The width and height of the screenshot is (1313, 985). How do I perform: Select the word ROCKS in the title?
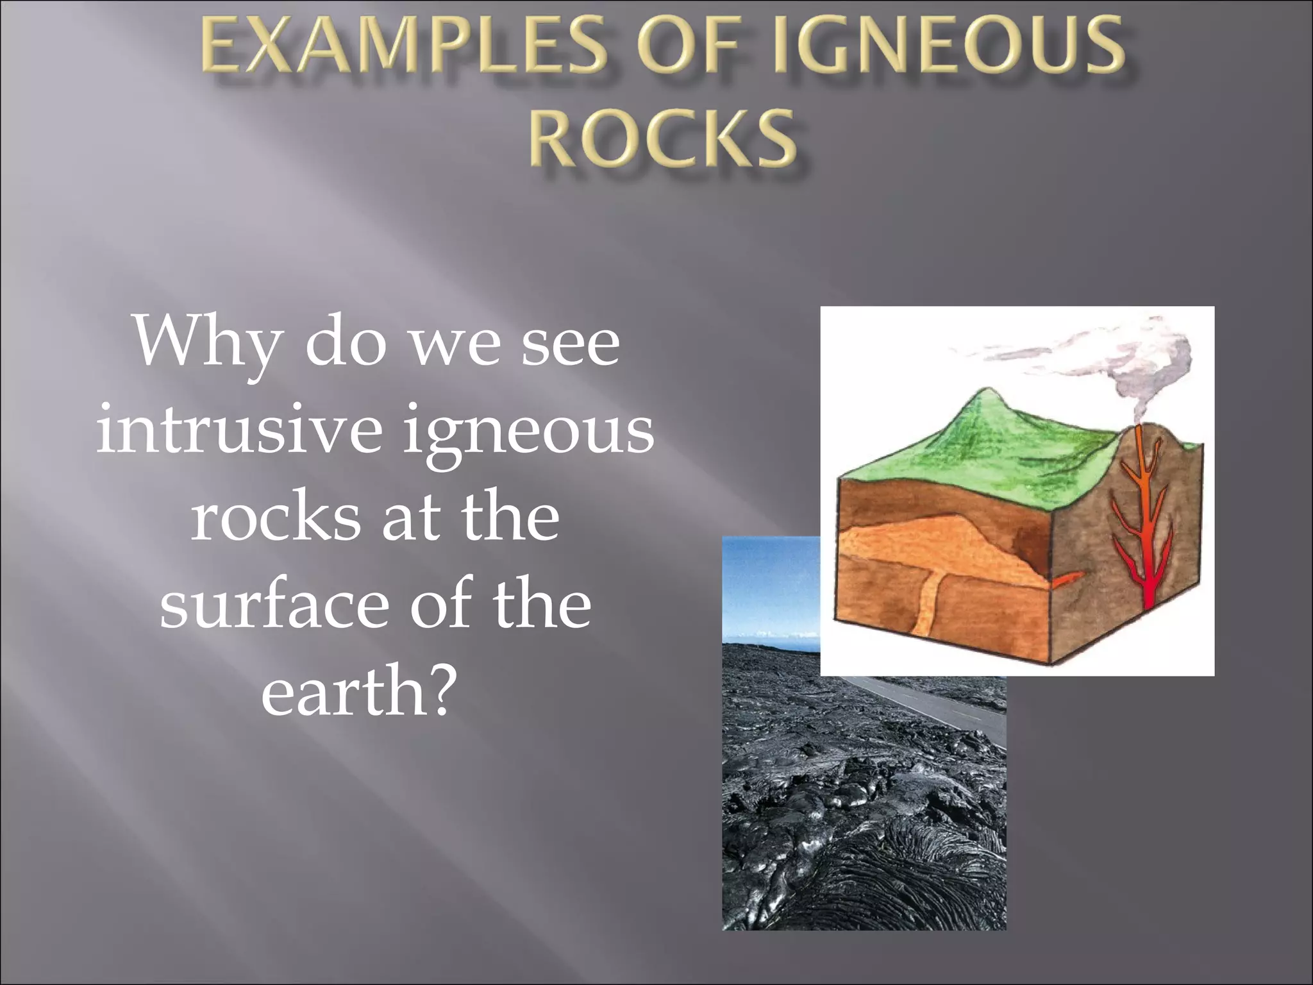pyautogui.click(x=663, y=139)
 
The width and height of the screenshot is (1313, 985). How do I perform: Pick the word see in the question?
pyautogui.click(x=571, y=342)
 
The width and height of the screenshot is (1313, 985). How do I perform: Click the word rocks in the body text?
pyautogui.click(x=275, y=517)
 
